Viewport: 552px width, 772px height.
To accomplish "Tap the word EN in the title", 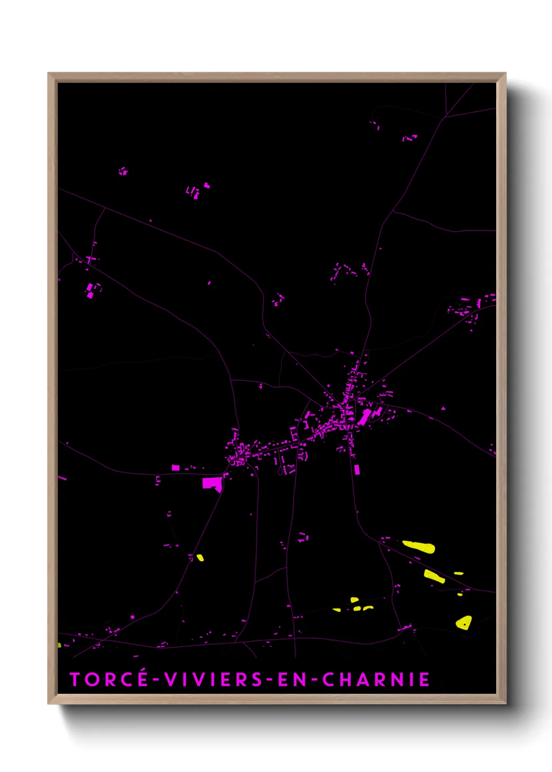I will point(292,679).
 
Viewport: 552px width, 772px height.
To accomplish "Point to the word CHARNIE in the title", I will point(376,679).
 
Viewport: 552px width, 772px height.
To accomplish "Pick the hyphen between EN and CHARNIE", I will point(314,680).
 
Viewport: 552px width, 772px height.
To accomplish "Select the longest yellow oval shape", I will point(419,546).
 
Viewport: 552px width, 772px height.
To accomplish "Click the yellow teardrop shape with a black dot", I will point(464,622).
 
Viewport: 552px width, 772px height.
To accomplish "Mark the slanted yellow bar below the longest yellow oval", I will point(434,576).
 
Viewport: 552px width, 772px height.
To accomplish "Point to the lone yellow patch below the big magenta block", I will point(200,558).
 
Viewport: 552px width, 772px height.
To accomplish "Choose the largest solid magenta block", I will point(212,484).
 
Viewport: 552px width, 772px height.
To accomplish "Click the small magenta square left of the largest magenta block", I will point(176,468).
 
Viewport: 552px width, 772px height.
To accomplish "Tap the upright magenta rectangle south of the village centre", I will point(357,469).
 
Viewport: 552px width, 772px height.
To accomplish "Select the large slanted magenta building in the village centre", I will point(364,417).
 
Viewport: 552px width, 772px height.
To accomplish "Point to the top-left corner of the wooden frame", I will point(49,74).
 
